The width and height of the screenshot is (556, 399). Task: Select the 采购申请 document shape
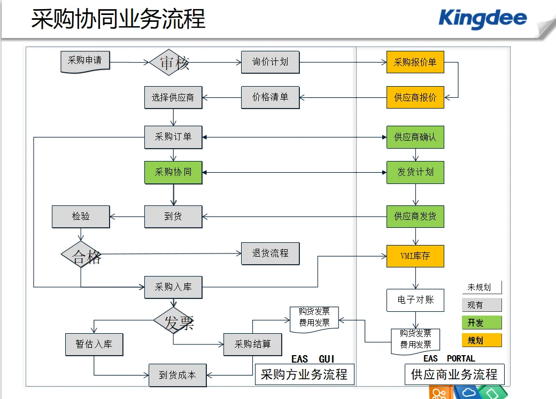(x=84, y=61)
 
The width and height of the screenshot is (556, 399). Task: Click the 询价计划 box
(x=270, y=62)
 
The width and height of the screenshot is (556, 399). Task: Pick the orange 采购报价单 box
(x=415, y=62)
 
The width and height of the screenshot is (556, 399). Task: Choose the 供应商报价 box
(x=415, y=97)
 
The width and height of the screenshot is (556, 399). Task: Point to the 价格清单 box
(x=270, y=97)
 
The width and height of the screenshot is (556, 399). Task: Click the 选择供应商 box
(x=173, y=98)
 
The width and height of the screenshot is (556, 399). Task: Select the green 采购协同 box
(x=173, y=172)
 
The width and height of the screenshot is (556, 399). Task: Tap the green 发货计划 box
(x=415, y=172)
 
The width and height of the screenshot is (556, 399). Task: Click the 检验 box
(x=81, y=217)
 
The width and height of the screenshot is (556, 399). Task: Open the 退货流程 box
(x=270, y=254)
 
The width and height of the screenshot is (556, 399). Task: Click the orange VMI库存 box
(x=415, y=256)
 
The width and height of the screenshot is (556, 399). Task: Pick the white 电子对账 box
(x=415, y=300)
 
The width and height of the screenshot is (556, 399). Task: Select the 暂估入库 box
(x=94, y=344)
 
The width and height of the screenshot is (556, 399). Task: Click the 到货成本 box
(x=177, y=375)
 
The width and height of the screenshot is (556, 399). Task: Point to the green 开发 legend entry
(x=482, y=323)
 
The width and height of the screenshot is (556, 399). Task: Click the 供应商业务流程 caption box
(x=454, y=374)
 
